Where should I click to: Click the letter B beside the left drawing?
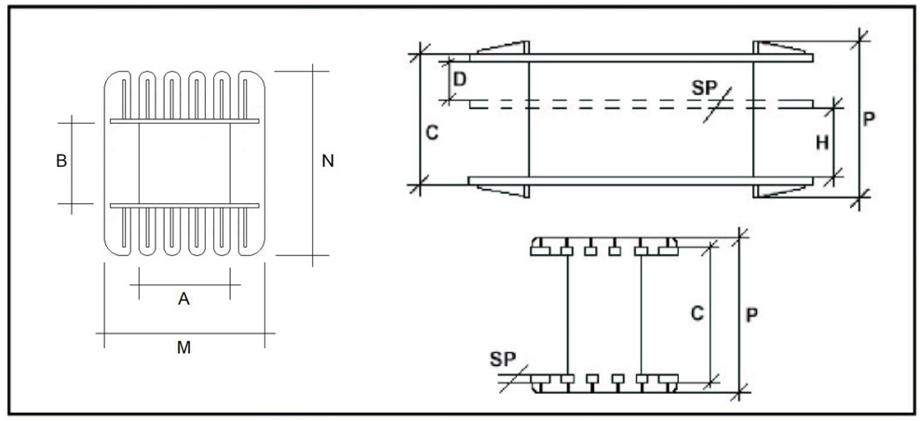(x=61, y=160)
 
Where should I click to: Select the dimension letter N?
(x=327, y=161)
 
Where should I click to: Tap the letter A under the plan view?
(x=183, y=298)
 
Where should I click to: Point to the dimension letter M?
(x=184, y=347)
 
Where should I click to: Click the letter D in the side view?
(x=459, y=78)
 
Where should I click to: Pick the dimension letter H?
(x=821, y=143)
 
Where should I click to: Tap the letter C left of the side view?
(x=432, y=132)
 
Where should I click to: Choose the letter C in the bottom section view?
(x=696, y=315)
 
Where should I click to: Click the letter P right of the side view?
(x=870, y=119)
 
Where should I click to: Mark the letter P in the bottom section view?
(x=751, y=315)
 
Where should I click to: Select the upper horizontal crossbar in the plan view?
(x=184, y=121)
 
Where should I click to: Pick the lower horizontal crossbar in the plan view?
(x=184, y=204)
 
